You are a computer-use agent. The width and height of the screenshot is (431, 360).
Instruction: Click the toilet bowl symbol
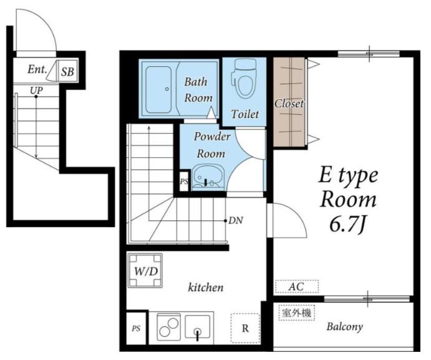coord(244,79)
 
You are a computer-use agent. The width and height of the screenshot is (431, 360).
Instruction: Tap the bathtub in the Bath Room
coord(158,89)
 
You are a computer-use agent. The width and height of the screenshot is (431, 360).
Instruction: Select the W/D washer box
coord(145,271)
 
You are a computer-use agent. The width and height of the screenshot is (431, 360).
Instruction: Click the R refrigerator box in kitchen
coord(245,328)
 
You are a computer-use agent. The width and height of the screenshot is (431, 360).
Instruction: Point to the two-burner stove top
coord(168,327)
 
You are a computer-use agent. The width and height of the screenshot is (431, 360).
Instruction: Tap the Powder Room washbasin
coord(208,177)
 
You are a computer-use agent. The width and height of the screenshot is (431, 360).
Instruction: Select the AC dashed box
coord(297,286)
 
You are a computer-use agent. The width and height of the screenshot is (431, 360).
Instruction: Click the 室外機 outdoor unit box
coord(297,313)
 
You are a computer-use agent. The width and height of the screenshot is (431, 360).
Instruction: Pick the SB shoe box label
coord(67,72)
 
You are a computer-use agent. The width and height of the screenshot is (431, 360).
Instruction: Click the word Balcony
coord(345,327)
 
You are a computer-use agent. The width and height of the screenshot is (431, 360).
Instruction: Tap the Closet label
coord(289,104)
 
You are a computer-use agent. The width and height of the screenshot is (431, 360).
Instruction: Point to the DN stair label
coord(236,220)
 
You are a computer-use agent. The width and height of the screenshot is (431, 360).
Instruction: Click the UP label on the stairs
coord(36,90)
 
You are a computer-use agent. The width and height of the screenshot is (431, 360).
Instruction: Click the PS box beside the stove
coord(137,328)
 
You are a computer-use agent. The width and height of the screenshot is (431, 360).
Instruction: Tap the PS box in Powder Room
coord(185,181)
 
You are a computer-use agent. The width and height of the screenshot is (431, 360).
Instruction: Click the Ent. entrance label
coord(37,69)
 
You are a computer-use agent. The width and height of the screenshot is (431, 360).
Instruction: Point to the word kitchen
coord(206,288)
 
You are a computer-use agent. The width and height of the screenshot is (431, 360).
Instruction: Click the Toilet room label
coord(245,114)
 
